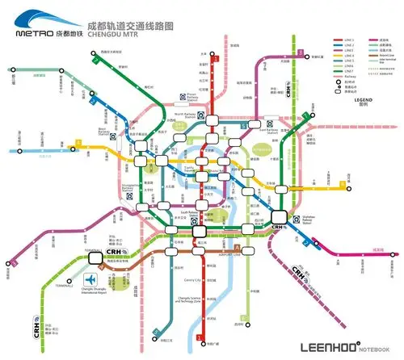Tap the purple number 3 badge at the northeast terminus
299,52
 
